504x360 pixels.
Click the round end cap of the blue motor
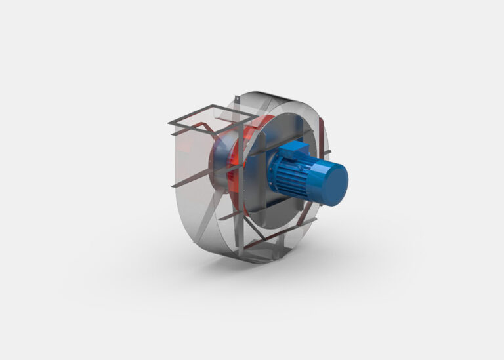(x=332, y=184)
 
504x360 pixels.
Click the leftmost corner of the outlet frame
(x=168, y=123)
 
